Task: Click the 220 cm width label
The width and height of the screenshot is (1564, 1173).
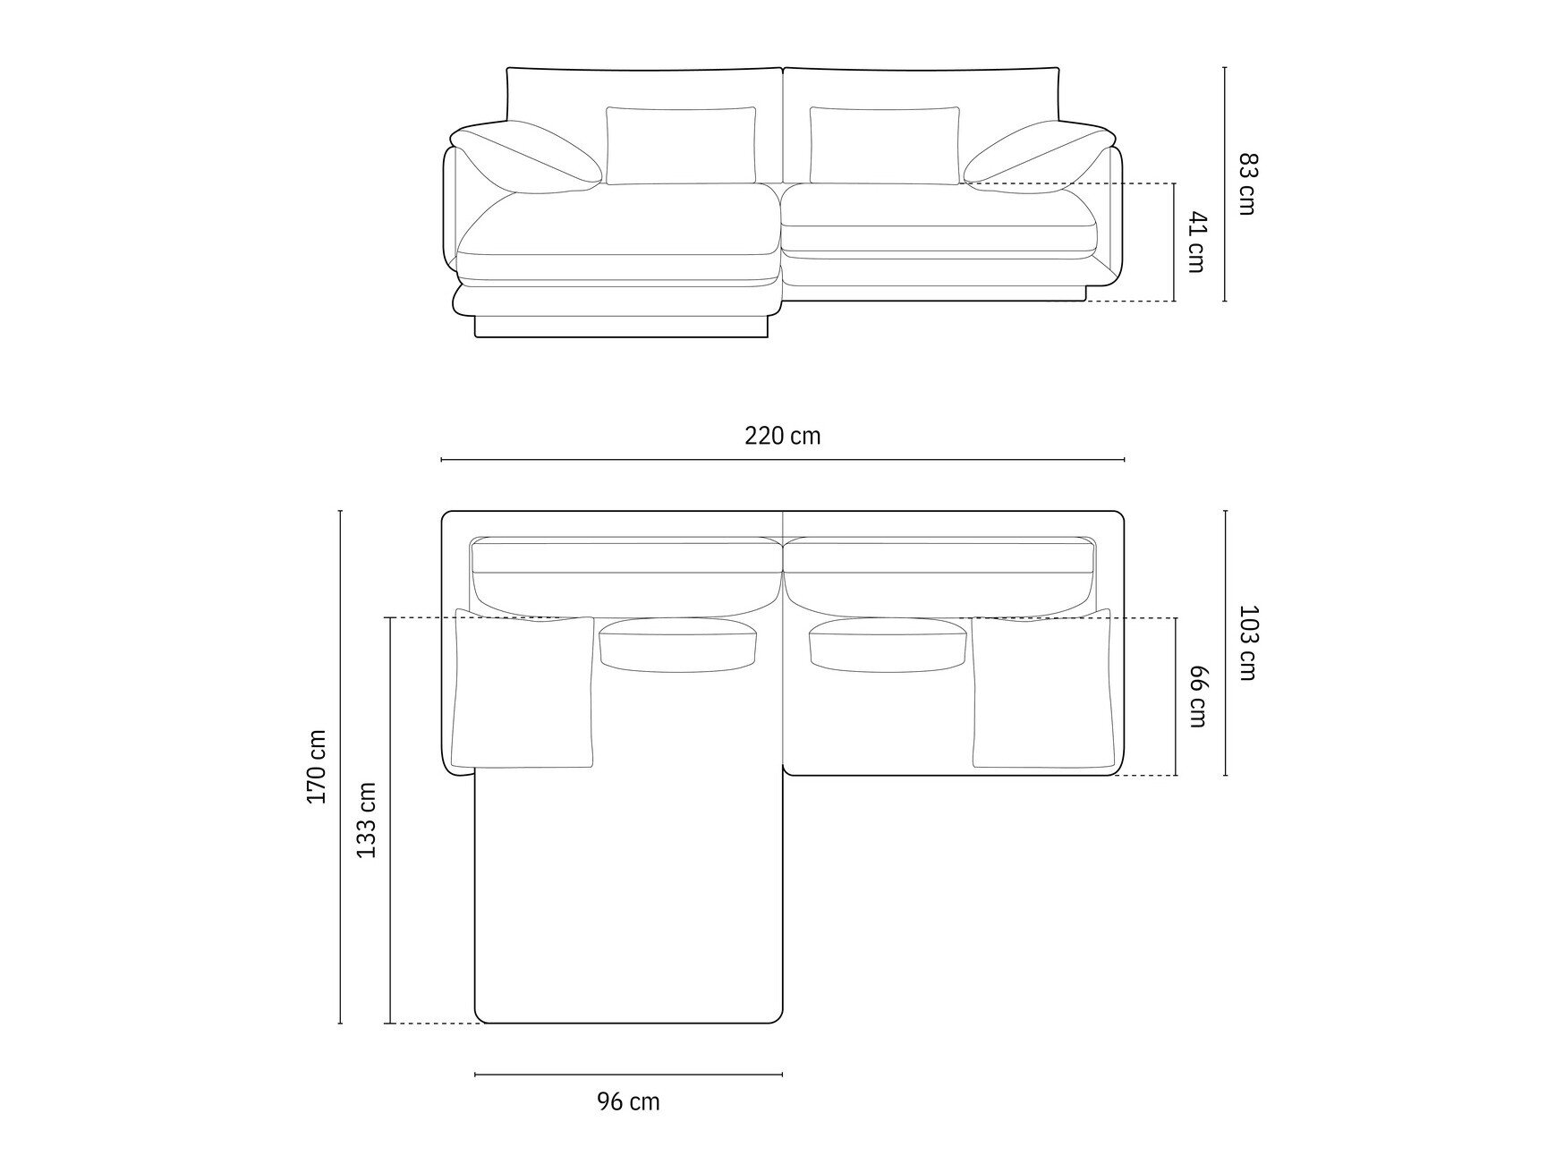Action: (x=782, y=436)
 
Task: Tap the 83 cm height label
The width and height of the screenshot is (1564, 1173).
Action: (x=1247, y=183)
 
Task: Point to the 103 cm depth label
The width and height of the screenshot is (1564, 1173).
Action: (x=1247, y=642)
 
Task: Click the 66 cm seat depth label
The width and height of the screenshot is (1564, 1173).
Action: (x=1197, y=696)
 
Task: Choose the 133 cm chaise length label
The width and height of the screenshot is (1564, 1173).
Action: (x=367, y=820)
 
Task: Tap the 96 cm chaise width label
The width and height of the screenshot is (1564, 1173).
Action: (x=628, y=1101)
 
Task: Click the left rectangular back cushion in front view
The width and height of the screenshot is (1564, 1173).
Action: (x=681, y=146)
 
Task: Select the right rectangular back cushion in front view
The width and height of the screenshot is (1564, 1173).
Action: (x=885, y=146)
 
